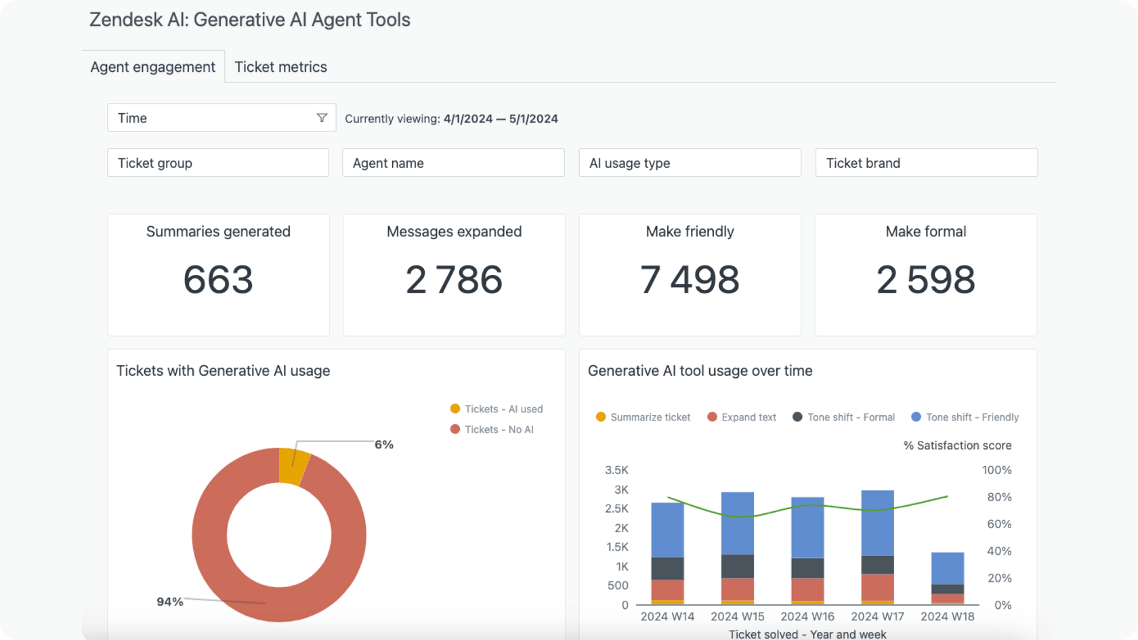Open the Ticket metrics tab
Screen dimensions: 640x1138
(280, 67)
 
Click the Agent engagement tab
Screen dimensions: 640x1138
(152, 67)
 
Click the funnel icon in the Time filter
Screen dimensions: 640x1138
(322, 118)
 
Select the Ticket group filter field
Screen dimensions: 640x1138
(217, 163)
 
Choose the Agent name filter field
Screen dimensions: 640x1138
(452, 163)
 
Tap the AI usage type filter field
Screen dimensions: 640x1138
(689, 163)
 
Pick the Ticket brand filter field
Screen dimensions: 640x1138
(925, 163)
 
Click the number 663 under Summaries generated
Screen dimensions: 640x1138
(218, 280)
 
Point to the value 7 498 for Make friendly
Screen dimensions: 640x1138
(690, 280)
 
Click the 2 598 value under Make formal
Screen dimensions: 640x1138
(925, 280)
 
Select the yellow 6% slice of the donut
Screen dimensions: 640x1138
(293, 466)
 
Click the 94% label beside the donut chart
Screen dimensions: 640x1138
(169, 601)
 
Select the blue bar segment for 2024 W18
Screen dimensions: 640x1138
(947, 568)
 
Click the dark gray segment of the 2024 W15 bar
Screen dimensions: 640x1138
(737, 566)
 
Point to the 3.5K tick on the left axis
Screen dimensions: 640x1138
(616, 470)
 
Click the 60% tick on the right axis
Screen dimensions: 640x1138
(999, 524)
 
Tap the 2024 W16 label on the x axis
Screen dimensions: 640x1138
(807, 616)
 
